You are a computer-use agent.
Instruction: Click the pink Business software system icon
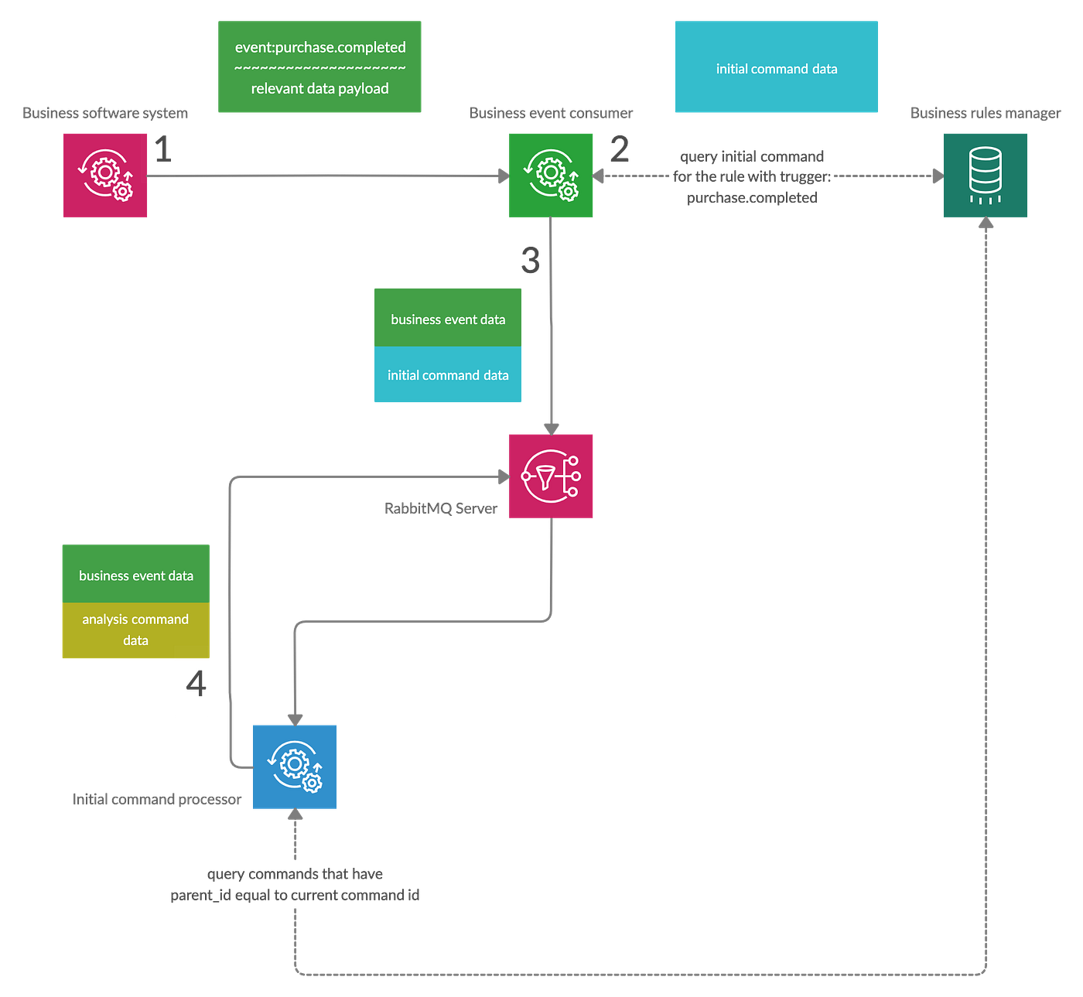pyautogui.click(x=106, y=175)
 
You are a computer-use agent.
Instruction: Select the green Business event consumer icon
pyautogui.click(x=551, y=175)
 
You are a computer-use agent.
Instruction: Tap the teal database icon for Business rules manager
pyautogui.click(x=985, y=175)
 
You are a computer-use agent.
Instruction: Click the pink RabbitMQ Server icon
pyautogui.click(x=551, y=476)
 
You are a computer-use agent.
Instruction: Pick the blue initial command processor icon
pyautogui.click(x=294, y=767)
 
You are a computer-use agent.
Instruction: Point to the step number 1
pyautogui.click(x=162, y=149)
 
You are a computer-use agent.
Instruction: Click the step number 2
pyautogui.click(x=619, y=149)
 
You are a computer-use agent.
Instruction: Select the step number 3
pyautogui.click(x=530, y=260)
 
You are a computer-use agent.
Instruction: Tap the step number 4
pyautogui.click(x=195, y=684)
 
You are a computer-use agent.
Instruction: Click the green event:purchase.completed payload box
pyautogui.click(x=319, y=67)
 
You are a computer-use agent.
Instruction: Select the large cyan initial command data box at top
pyautogui.click(x=776, y=68)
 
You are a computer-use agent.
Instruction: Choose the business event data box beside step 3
pyautogui.click(x=448, y=319)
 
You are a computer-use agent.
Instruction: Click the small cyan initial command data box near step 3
pyautogui.click(x=448, y=375)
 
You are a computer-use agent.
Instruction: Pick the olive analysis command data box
pyautogui.click(x=135, y=630)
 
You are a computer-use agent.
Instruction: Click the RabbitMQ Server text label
pyautogui.click(x=441, y=508)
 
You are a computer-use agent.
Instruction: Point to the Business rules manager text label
pyautogui.click(x=985, y=114)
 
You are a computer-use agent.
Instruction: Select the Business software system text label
pyautogui.click(x=105, y=113)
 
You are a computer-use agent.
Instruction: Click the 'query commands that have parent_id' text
pyautogui.click(x=295, y=884)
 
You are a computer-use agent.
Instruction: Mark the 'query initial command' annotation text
pyautogui.click(x=752, y=177)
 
